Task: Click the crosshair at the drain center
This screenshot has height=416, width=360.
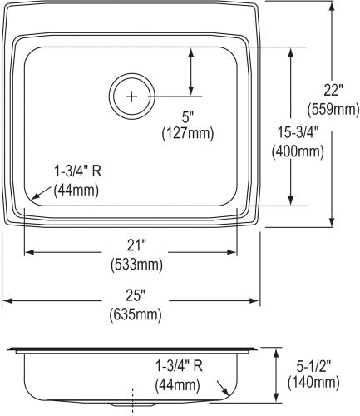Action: (131, 97)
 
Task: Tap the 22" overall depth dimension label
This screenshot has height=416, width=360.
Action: (333, 91)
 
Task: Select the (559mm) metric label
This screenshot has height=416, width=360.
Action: (333, 109)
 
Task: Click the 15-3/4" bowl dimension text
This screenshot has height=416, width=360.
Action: (298, 133)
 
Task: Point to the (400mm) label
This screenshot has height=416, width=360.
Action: (298, 151)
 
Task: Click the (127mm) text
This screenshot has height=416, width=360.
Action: (188, 134)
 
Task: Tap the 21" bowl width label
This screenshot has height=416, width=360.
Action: (136, 245)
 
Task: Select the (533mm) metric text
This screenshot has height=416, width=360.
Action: (136, 265)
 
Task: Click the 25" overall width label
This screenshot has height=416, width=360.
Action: (136, 295)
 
